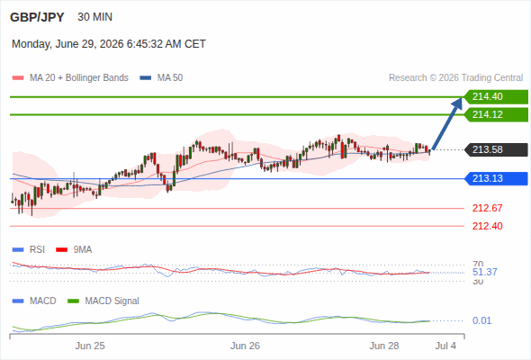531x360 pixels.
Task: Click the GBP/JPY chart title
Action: tap(37, 17)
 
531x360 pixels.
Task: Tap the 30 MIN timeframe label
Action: tap(94, 17)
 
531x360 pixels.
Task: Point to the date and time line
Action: tap(109, 44)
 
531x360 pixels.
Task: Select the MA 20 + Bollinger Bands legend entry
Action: tap(70, 78)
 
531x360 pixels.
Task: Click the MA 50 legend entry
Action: tap(161, 78)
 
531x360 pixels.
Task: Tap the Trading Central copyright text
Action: tap(455, 78)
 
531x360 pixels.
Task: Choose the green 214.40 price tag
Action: tap(496, 97)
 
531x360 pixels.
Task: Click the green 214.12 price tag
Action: tap(496, 115)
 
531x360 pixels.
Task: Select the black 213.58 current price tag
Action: tap(496, 149)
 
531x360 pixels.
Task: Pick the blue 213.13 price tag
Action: tap(496, 178)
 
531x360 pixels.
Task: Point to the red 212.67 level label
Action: tap(487, 208)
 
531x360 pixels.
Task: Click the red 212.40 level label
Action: tap(487, 226)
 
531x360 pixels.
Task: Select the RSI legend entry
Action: tap(29, 250)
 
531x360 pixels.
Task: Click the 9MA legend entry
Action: tap(74, 250)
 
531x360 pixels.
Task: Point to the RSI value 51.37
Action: tap(484, 272)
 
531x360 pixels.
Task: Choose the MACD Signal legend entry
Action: tap(103, 301)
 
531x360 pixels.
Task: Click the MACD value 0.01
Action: tap(481, 320)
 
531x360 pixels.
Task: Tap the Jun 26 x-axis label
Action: tap(245, 346)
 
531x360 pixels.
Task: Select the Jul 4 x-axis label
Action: tap(445, 346)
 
